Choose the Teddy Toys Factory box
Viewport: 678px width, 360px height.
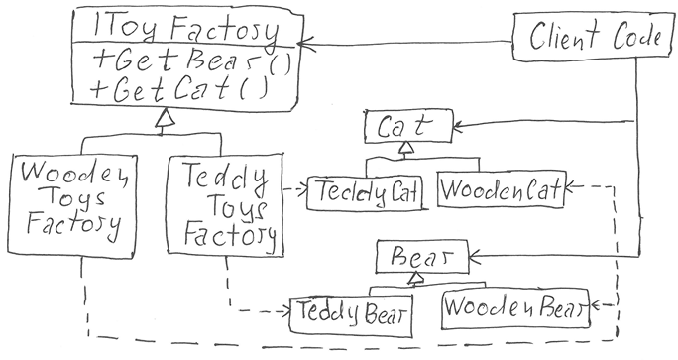tap(226, 207)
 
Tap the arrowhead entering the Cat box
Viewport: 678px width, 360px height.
tap(461, 125)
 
